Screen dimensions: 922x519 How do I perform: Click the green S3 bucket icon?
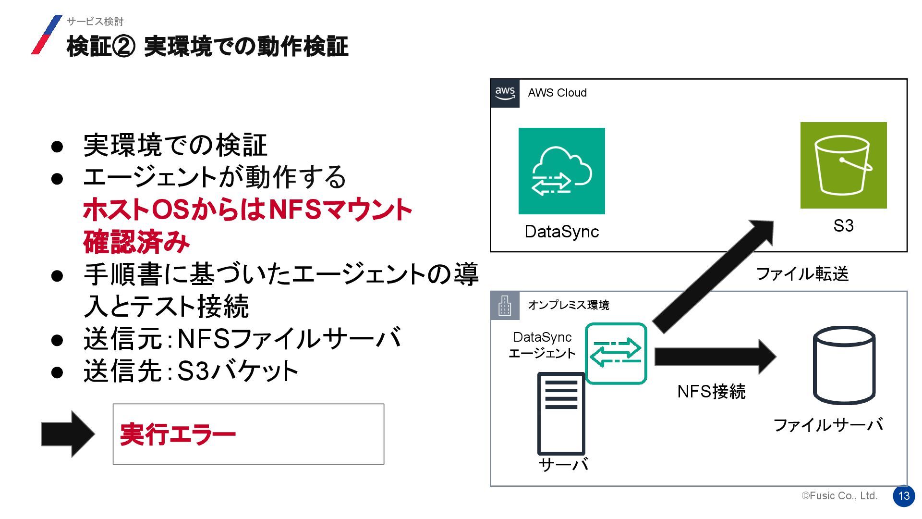coord(843,165)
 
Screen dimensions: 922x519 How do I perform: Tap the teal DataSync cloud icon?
coord(561,171)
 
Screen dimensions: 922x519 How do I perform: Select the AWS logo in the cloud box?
coord(505,93)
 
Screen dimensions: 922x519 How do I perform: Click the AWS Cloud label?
coord(557,93)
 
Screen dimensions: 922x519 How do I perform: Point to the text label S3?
coord(843,226)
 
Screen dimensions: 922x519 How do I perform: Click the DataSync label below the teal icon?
coord(561,232)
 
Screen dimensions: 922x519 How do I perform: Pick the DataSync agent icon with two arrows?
coord(616,354)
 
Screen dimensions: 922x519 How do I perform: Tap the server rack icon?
coord(561,413)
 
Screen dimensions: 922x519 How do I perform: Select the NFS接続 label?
coord(711,392)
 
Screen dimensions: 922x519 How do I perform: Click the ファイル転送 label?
coord(802,274)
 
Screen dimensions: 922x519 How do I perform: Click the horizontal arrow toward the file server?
coord(715,357)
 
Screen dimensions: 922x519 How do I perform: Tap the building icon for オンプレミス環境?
coord(505,306)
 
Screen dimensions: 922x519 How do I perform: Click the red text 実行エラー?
coord(178,434)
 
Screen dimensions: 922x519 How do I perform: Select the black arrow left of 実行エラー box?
coord(68,434)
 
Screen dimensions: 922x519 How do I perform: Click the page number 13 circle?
coord(904,496)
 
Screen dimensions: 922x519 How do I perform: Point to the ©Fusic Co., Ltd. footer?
coord(839,496)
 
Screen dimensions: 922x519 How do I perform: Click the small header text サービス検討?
coord(95,22)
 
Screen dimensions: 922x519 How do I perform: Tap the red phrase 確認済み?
coord(136,242)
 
